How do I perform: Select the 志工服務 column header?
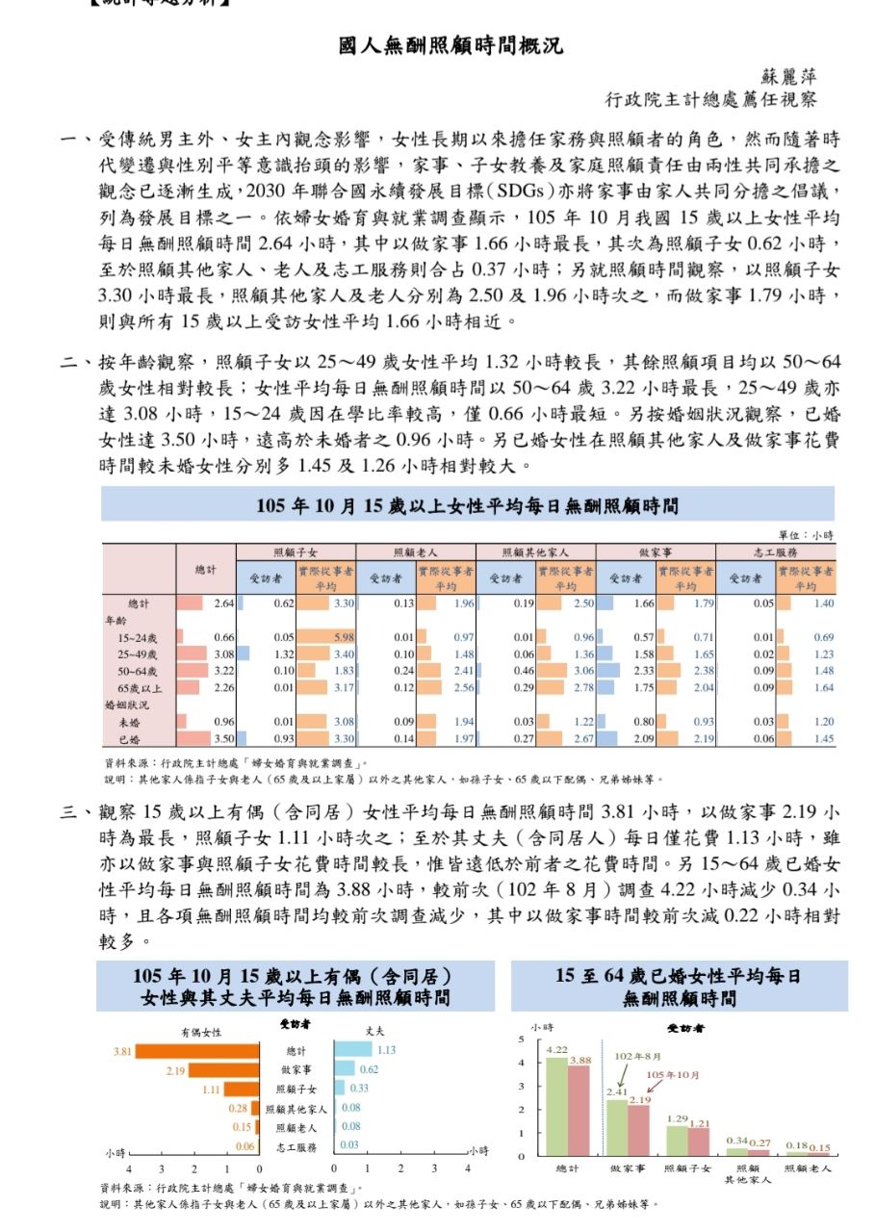pos(776,552)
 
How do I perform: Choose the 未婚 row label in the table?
pos(128,721)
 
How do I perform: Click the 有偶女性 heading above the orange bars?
pos(201,1031)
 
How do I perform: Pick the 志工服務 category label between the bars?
pos(296,1147)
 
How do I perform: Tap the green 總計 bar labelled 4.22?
pos(555,1106)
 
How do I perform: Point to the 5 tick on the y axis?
pos(521,1039)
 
